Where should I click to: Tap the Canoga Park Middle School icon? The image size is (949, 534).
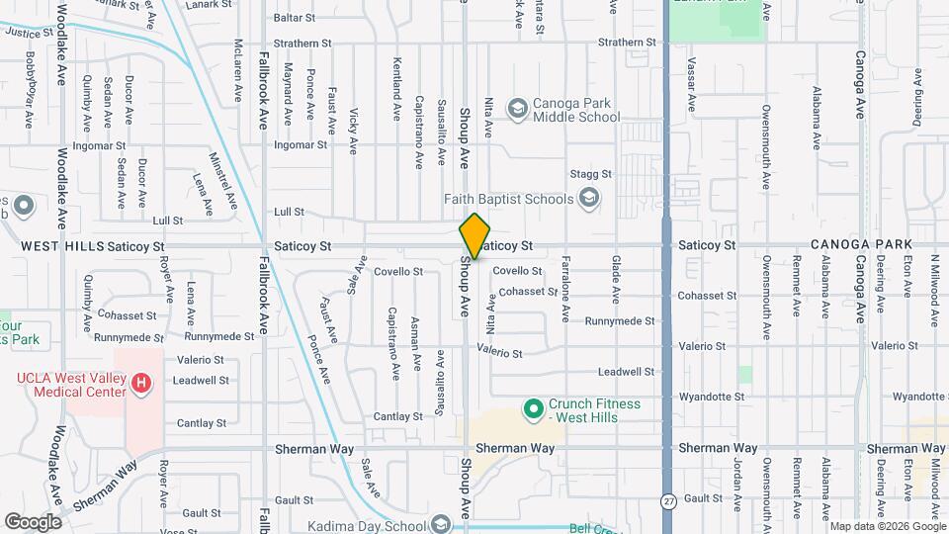(517, 107)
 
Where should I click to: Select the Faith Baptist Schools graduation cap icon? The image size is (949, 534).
(589, 199)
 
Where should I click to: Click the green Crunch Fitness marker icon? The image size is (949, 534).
(534, 407)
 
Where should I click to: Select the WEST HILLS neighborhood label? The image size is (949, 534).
(61, 244)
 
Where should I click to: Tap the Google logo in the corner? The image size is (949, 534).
(33, 522)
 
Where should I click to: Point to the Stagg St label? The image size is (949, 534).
(591, 174)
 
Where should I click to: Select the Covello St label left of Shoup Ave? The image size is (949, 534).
(398, 271)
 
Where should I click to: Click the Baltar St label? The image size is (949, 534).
(294, 18)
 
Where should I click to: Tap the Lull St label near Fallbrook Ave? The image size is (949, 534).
(289, 212)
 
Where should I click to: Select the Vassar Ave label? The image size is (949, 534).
(692, 88)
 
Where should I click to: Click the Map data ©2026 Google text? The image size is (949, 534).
(887, 526)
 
